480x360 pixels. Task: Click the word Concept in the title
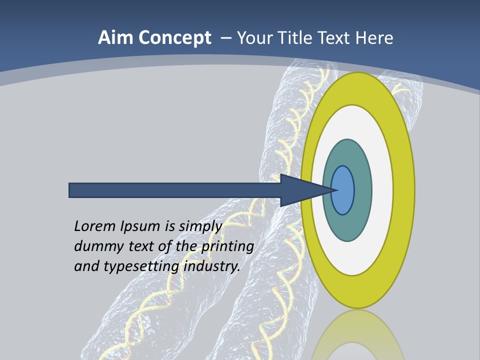(x=175, y=38)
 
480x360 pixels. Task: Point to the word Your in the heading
(x=253, y=38)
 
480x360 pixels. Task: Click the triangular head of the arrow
(x=300, y=190)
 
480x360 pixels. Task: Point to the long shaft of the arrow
(x=175, y=190)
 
